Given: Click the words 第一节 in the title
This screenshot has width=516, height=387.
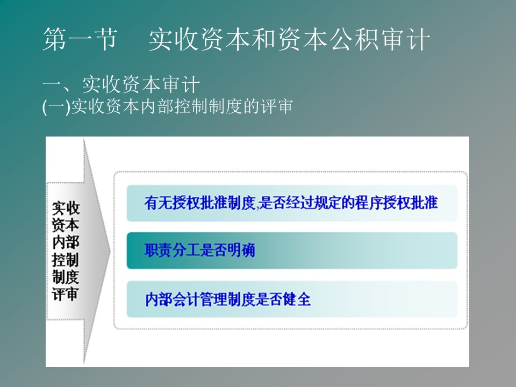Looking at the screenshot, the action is pos(80,39).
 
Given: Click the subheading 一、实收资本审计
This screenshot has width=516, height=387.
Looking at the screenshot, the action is pos(121,84).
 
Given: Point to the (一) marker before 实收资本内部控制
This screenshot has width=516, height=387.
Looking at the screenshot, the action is pos(56,106).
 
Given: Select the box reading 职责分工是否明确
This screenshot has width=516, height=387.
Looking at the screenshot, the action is pos(292,250).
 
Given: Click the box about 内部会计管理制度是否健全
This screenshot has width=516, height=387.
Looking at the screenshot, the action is pos(292,299).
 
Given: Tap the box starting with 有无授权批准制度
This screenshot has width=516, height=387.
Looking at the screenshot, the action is pos(292,203).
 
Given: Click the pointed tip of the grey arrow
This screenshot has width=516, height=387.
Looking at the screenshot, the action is pos(110,250).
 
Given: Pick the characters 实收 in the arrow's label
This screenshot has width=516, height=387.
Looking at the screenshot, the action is pos(66,209).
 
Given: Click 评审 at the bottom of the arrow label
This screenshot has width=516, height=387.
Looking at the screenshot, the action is pos(66,294).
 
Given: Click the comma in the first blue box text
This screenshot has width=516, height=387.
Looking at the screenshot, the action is pos(257,207).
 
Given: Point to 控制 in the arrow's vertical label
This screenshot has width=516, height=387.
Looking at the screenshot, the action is pos(66,260).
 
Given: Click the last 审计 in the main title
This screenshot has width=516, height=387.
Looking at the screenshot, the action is pos(406,39).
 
